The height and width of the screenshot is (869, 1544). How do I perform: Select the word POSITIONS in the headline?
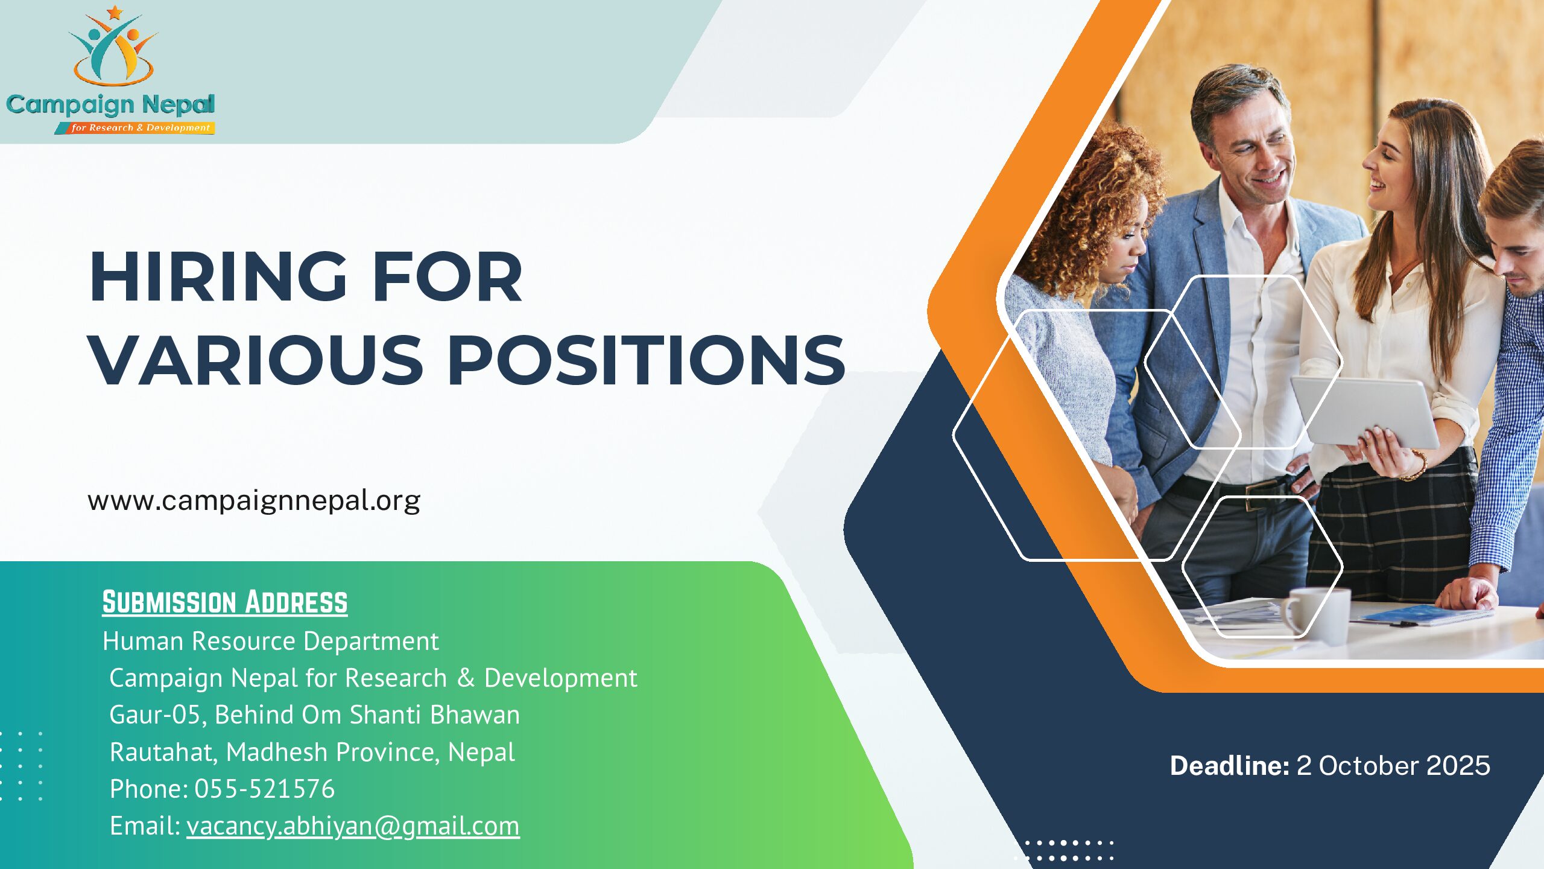pyautogui.click(x=647, y=360)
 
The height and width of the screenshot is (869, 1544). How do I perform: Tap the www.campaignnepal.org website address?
pyautogui.click(x=254, y=501)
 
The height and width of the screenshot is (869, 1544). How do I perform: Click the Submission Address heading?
pyautogui.click(x=225, y=602)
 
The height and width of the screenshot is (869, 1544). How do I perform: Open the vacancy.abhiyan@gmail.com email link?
pyautogui.click(x=353, y=826)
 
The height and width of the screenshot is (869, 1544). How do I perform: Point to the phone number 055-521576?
pyautogui.click(x=264, y=789)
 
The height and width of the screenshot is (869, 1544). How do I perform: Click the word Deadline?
pyautogui.click(x=1229, y=765)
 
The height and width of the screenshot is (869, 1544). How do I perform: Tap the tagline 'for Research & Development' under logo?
pyautogui.click(x=140, y=128)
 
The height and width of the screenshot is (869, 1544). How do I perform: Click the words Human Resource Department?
pyautogui.click(x=271, y=641)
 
